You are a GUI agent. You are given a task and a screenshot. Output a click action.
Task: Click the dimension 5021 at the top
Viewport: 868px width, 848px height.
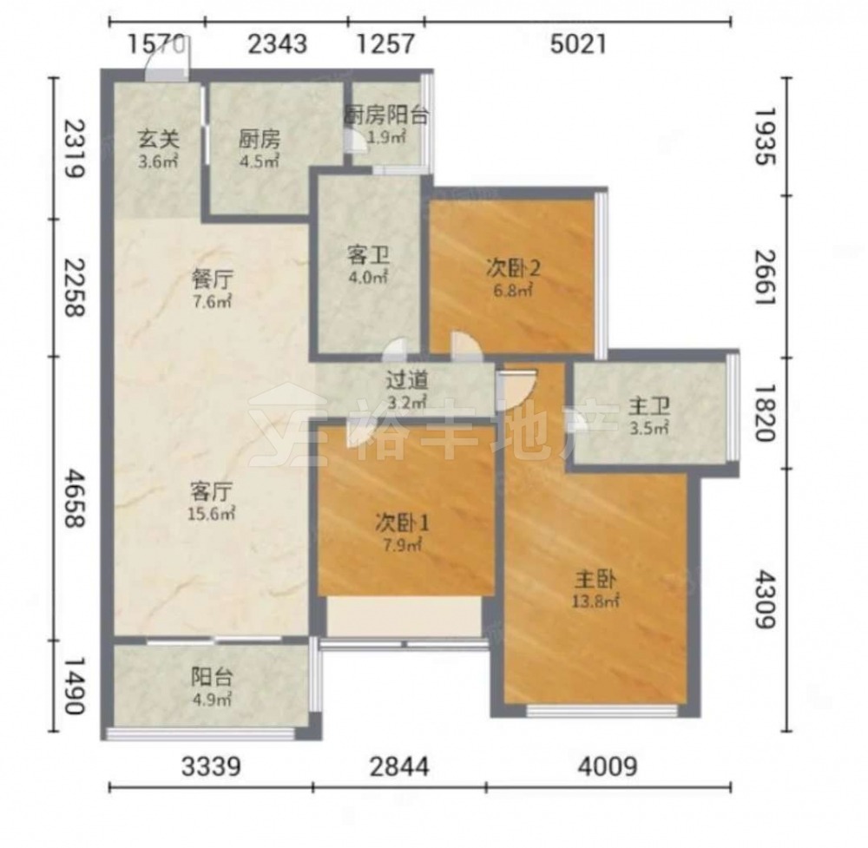pos(578,44)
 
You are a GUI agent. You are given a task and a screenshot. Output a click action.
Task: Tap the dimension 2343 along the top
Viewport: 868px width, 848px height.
pos(277,44)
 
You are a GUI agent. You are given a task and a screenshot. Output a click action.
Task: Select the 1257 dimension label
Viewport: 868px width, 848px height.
pos(385,44)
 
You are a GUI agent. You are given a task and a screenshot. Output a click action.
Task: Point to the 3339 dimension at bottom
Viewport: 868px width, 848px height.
pos(211,766)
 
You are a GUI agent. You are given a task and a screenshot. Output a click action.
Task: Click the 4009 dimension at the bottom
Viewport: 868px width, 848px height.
pos(608,766)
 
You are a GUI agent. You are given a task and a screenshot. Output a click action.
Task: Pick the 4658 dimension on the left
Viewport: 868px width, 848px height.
pos(75,498)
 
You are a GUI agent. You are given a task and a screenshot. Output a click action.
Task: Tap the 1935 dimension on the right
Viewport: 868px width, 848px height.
pos(766,136)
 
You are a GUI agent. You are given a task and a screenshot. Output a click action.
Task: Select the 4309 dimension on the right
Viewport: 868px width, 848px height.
pos(766,600)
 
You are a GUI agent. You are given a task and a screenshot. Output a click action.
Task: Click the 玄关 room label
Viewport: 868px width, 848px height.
pos(158,139)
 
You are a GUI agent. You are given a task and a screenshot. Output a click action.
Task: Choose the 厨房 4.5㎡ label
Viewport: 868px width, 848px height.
pos(259,149)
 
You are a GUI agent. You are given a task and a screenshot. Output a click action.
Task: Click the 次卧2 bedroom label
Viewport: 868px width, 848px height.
pos(513,269)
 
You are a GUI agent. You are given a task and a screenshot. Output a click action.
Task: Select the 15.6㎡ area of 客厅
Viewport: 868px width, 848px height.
pos(211,514)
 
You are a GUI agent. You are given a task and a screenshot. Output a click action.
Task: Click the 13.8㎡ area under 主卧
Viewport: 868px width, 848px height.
pos(595,601)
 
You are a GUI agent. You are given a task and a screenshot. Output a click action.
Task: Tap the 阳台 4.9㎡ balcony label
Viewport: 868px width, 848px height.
pos(212,687)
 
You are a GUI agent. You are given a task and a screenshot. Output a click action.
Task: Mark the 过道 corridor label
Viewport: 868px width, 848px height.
pos(407,380)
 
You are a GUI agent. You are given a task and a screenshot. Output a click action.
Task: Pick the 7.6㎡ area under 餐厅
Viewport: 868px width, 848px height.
pos(211,302)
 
